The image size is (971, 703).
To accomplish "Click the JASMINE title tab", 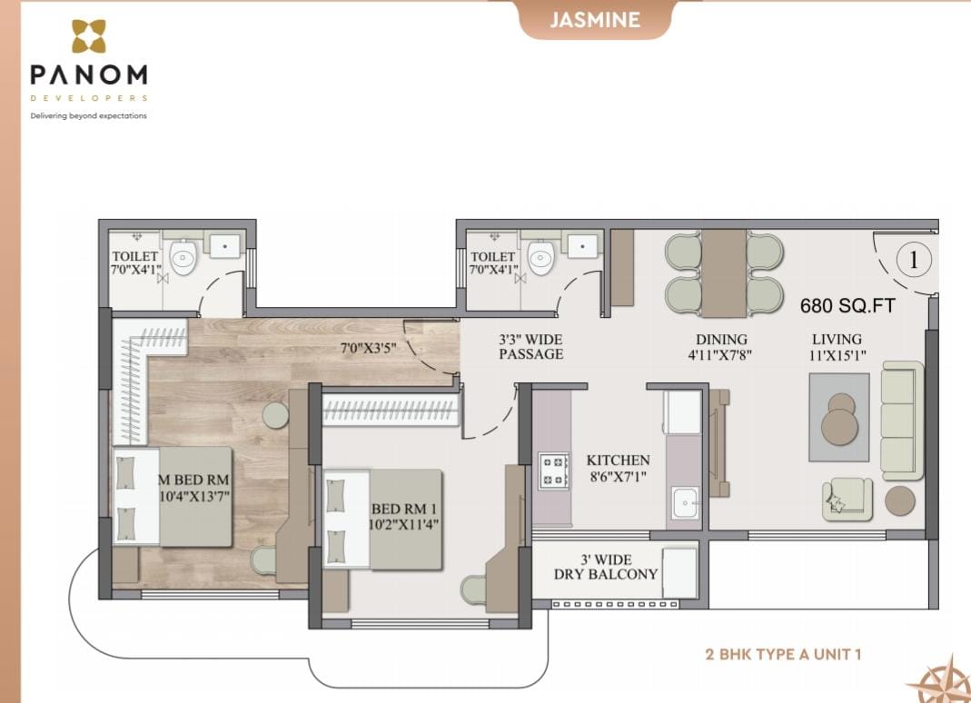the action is (594, 19).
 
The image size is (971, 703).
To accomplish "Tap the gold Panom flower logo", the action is (88, 36).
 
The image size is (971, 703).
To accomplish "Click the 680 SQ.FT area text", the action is (847, 305).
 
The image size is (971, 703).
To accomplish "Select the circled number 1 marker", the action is (914, 260).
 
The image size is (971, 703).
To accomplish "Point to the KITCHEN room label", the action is (618, 460).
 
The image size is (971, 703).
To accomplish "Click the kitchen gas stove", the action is (553, 470).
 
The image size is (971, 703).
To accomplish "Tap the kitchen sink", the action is (685, 503).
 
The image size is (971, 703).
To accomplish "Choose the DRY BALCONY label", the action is (605, 574).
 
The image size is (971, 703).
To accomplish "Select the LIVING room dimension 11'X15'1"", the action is (837, 355).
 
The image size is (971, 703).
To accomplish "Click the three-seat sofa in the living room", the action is (902, 421).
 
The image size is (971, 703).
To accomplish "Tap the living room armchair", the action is (847, 498).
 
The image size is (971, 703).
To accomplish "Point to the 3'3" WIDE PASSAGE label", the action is (530, 347).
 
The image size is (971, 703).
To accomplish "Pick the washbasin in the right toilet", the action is (582, 246).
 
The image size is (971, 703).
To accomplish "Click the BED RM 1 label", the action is (404, 510).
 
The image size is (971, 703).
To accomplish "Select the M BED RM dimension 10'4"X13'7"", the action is (194, 496).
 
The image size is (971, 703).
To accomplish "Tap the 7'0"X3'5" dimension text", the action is (369, 348).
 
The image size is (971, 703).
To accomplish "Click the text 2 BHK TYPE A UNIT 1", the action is (783, 654).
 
